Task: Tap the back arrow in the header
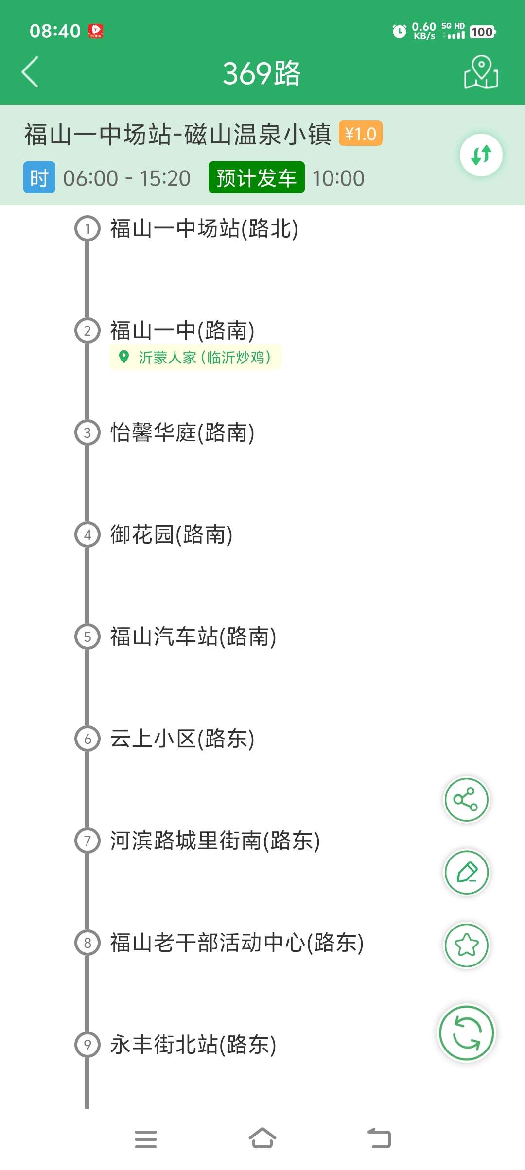(x=30, y=72)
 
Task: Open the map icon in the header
(x=481, y=72)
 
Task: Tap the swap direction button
(x=481, y=155)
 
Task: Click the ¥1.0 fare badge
(x=360, y=134)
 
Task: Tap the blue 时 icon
(x=39, y=178)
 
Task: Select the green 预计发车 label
(x=256, y=178)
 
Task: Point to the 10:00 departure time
(x=338, y=178)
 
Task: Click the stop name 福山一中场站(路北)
(x=204, y=228)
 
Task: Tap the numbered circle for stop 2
(x=87, y=330)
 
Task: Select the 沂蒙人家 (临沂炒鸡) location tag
(x=195, y=358)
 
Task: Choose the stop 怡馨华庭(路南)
(x=182, y=432)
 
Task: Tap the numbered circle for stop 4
(x=87, y=534)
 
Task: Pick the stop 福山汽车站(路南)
(x=193, y=637)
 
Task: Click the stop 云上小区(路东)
(x=182, y=739)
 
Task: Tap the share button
(x=466, y=800)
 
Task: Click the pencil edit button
(x=466, y=873)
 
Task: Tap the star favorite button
(x=466, y=945)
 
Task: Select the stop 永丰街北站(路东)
(x=193, y=1045)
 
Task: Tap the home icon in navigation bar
(x=262, y=1138)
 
